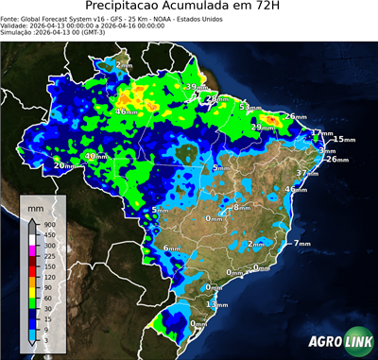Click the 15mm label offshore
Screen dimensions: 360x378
click(344, 139)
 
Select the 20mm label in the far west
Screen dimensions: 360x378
click(63, 166)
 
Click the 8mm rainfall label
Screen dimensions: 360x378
click(241, 206)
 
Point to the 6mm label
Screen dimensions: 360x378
click(171, 249)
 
